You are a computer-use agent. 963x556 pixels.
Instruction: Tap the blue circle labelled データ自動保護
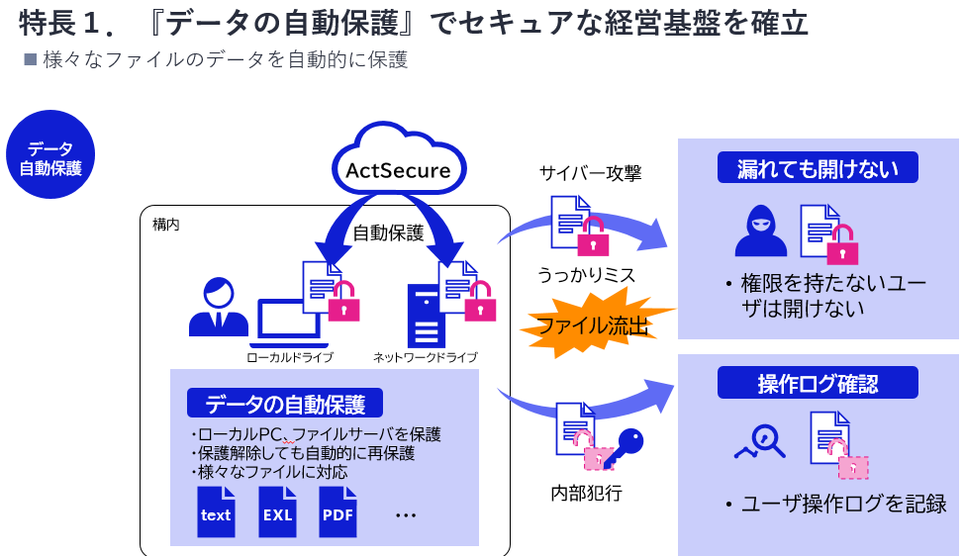coord(50,155)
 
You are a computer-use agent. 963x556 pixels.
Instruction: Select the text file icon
coord(215,512)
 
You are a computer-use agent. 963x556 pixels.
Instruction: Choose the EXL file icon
coord(277,512)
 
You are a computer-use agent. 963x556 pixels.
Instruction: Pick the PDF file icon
coord(337,512)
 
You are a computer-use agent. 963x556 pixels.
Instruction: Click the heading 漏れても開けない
coord(818,168)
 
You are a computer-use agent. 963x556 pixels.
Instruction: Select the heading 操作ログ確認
coord(818,383)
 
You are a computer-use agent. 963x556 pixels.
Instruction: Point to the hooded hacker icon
coord(760,232)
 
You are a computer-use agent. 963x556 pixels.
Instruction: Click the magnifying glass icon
coord(762,440)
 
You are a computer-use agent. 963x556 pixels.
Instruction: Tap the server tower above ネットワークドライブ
coord(424,317)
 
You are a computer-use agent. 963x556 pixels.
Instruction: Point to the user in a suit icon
coord(218,308)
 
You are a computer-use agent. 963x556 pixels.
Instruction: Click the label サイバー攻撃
coord(590,174)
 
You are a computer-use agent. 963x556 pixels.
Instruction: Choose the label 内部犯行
coord(587,492)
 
